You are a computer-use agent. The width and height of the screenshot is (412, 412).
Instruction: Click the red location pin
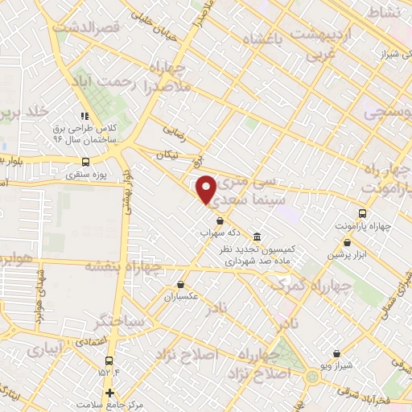[x=207, y=188]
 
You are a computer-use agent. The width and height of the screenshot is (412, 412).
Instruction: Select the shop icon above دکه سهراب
[x=220, y=220]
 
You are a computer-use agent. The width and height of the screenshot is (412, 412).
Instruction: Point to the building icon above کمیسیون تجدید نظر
[x=256, y=237]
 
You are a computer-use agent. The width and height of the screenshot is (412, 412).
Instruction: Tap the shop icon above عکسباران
[x=182, y=284]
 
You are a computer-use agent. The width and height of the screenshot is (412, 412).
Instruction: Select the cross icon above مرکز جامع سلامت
[x=109, y=392]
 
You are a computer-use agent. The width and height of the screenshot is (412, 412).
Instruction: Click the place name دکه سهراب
[x=219, y=233]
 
